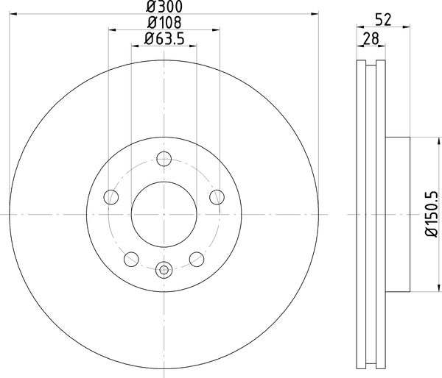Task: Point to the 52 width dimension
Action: click(383, 21)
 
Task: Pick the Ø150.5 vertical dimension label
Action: click(431, 213)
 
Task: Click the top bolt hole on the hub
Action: click(164, 158)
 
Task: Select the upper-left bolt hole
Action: click(111, 196)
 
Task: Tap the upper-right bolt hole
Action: click(217, 196)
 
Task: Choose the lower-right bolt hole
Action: click(197, 258)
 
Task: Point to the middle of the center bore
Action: click(164, 213)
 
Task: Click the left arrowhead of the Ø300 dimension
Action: click(11, 14)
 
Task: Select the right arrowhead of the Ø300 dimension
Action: click(317, 14)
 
